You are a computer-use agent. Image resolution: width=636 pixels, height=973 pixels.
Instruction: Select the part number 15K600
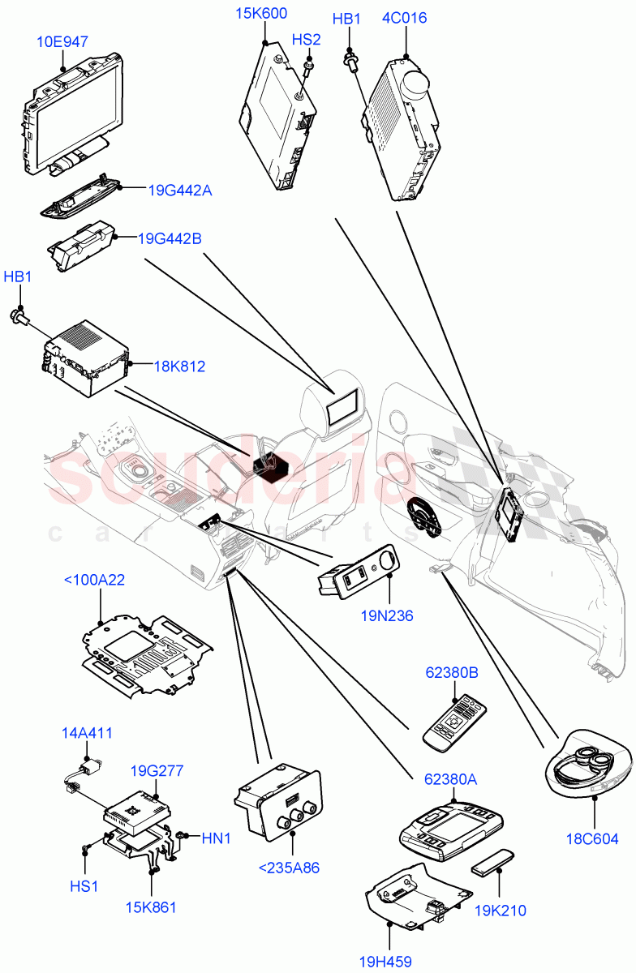[261, 14]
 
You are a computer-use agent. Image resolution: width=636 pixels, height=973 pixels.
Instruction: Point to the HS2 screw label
[307, 40]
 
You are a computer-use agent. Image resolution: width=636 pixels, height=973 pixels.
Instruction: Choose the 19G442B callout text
[170, 239]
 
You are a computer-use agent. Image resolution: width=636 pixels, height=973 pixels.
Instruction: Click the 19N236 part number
[387, 615]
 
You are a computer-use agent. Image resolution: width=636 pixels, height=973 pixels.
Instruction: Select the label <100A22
[94, 580]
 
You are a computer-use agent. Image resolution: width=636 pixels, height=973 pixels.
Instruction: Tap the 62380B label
[452, 672]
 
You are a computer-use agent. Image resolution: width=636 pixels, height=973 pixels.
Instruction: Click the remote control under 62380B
[454, 722]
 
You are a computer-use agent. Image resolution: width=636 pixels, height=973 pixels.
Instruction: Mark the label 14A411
[87, 733]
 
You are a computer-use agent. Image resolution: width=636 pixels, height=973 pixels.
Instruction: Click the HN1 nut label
[216, 838]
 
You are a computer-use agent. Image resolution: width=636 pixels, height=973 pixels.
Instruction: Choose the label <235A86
[289, 868]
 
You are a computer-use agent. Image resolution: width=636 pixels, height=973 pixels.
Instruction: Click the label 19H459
[387, 962]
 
